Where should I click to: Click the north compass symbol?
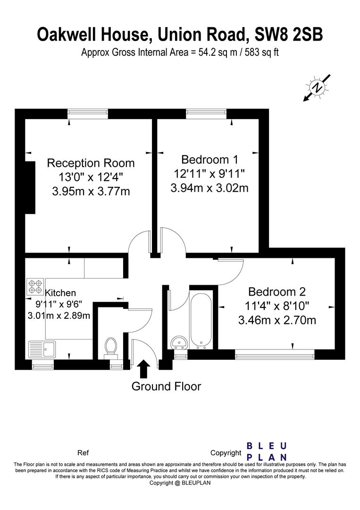pos(317,87)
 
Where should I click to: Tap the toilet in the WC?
pos(111,348)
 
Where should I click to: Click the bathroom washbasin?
pos(179,343)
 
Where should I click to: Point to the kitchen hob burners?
pos(35,286)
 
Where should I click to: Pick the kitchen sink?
pos(42,349)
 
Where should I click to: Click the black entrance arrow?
pos(143,368)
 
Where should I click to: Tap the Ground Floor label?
pos(167,386)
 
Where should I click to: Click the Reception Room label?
pos(91,162)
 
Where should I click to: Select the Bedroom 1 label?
pos(209,160)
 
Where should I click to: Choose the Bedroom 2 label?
pos(277,291)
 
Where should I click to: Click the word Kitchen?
pos(60,293)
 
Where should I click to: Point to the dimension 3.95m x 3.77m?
pos(91,191)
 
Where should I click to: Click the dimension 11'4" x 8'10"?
pos(277,306)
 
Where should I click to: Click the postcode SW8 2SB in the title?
pos(289,34)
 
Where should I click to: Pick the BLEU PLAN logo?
pos(267,451)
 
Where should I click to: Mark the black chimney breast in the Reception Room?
pos(30,187)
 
